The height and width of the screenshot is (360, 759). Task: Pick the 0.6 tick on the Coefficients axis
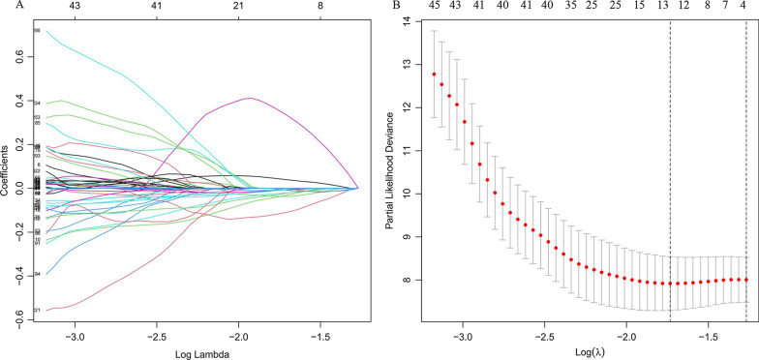(x=21, y=57)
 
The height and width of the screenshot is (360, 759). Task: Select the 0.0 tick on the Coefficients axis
(x=21, y=189)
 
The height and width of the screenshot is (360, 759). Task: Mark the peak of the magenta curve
(x=251, y=98)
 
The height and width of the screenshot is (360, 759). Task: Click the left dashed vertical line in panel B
(x=670, y=174)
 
